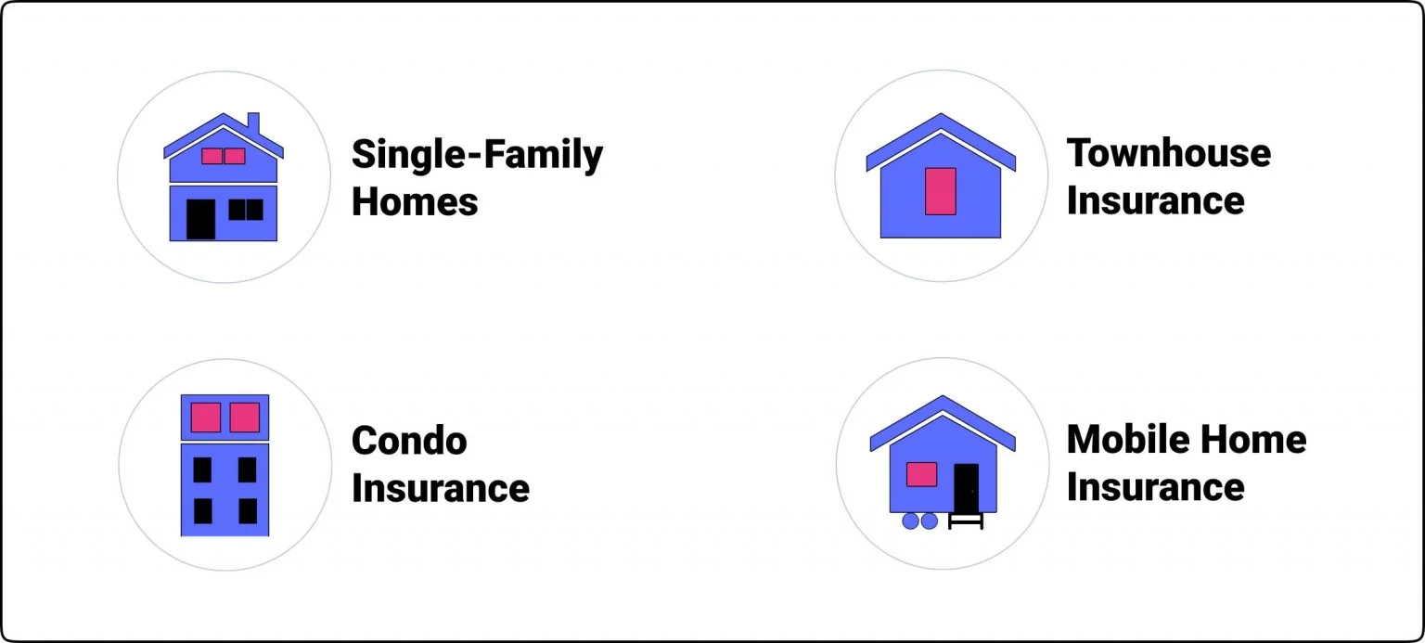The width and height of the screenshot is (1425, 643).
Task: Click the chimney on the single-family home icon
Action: tap(253, 123)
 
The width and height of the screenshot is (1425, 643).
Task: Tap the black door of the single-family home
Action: tap(200, 219)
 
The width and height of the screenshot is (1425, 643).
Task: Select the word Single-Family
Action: tap(477, 155)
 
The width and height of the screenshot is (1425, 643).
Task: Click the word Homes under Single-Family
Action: tap(415, 201)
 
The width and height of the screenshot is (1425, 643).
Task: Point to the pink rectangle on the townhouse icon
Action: tap(941, 191)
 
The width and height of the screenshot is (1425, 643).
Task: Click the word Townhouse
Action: tap(1168, 152)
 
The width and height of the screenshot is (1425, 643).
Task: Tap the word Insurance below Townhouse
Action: tap(1155, 200)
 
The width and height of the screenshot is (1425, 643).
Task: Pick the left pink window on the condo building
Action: tap(205, 417)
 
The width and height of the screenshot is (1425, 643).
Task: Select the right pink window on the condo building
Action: tap(244, 417)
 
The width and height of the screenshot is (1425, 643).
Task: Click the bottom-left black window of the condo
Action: tap(202, 510)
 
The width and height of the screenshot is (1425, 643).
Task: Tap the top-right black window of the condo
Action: tap(247, 469)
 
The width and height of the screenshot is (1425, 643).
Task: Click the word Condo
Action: tap(409, 440)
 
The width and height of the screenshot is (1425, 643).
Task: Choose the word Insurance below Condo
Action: tap(441, 488)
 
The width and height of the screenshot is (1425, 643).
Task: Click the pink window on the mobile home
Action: tap(921, 474)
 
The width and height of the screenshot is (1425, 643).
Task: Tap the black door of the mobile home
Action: tap(966, 487)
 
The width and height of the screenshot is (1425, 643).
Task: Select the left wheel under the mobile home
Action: tap(910, 521)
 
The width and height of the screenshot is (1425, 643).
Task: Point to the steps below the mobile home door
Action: tap(966, 521)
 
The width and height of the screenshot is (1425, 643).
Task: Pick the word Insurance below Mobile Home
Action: tap(1155, 487)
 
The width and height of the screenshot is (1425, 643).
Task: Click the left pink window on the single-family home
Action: tap(212, 156)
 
